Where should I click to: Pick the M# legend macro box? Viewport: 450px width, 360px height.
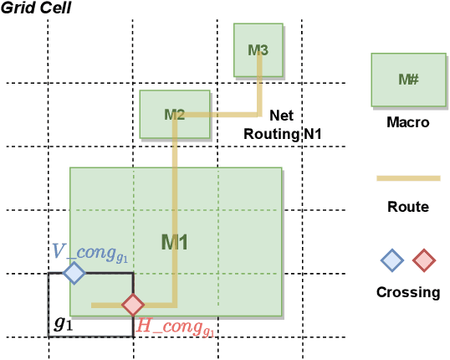(x=407, y=80)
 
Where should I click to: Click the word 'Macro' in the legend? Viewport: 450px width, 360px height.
(x=407, y=122)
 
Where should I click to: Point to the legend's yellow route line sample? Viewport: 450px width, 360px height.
(x=407, y=178)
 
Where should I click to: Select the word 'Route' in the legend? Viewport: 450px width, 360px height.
(x=407, y=206)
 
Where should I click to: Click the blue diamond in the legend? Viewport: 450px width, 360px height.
(x=391, y=260)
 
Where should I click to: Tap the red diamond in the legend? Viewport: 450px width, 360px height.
(x=425, y=260)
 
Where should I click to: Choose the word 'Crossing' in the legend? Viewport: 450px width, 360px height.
(x=407, y=292)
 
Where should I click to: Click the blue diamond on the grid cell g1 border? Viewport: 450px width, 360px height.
(x=74, y=273)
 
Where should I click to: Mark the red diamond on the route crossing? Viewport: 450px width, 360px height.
(x=132, y=305)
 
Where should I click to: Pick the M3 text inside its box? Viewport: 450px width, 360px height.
(x=258, y=50)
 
